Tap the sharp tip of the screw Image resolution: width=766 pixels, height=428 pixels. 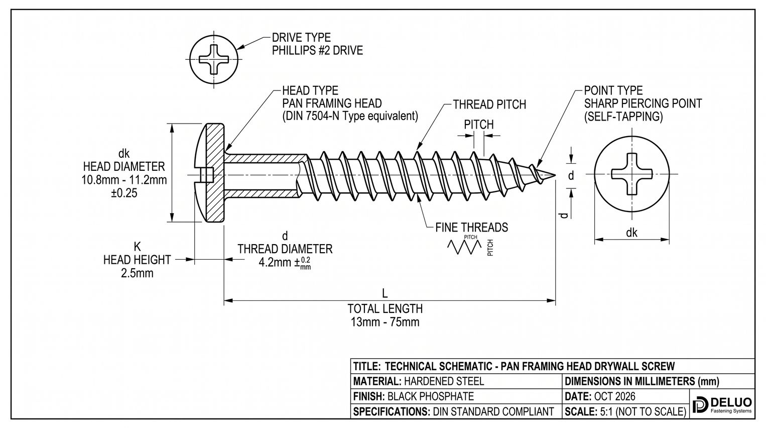coord(555,175)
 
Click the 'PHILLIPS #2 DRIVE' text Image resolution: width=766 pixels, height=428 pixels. coord(317,50)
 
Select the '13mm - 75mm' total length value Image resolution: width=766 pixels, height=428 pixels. coord(385,322)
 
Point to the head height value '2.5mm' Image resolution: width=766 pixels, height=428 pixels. coord(137,273)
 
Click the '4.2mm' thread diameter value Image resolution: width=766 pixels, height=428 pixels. coord(274,263)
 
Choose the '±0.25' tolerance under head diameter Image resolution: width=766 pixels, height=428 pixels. coord(124,193)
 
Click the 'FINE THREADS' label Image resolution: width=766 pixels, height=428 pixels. coord(471,227)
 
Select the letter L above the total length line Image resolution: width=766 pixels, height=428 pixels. coord(385,293)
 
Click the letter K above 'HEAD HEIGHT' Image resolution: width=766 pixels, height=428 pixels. coord(137,246)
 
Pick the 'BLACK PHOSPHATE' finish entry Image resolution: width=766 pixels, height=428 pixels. coord(431,396)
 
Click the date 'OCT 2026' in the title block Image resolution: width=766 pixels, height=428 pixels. coord(614,396)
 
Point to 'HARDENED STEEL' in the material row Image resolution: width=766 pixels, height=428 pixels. coord(444,381)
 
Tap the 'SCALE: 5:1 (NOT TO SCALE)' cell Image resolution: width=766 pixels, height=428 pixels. coord(625,411)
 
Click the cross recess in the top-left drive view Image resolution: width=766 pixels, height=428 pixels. coord(214,59)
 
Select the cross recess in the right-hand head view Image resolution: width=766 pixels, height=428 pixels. coord(631,174)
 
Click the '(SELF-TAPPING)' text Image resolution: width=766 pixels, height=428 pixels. coord(623,117)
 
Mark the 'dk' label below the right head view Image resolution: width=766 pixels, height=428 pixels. coord(631,233)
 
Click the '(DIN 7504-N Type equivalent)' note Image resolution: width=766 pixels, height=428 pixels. coord(350,117)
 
